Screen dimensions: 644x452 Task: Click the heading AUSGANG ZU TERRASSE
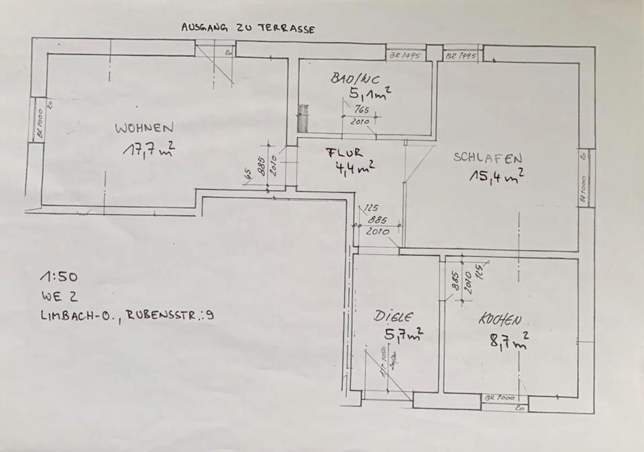point(248,29)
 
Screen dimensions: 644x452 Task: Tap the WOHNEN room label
point(145,127)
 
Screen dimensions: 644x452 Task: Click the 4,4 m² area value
point(355,167)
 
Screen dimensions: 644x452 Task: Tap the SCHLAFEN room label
point(488,158)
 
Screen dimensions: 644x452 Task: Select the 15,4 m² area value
point(496,177)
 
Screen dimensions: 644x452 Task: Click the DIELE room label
point(394,316)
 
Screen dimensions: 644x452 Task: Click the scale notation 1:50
point(59,276)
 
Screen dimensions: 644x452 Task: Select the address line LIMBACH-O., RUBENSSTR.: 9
point(127,314)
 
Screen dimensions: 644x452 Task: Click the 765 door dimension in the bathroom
point(362,109)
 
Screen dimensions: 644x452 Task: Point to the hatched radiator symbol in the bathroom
point(303,119)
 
